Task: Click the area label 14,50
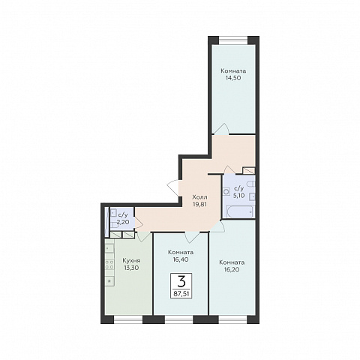click(233, 78)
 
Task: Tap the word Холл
click(199, 196)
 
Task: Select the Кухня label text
click(131, 261)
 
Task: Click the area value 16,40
click(181, 259)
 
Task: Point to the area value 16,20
click(232, 269)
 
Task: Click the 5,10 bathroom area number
click(238, 195)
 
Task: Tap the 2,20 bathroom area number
click(124, 221)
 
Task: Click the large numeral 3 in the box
click(181, 282)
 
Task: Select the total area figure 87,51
click(181, 293)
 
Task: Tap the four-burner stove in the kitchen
click(109, 265)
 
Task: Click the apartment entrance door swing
click(173, 187)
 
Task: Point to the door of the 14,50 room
click(222, 129)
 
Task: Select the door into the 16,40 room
click(192, 237)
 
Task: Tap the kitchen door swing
click(144, 236)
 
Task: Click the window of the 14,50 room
click(233, 40)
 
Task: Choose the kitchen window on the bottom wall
click(128, 319)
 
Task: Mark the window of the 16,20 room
click(232, 319)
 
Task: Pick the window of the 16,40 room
click(179, 319)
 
